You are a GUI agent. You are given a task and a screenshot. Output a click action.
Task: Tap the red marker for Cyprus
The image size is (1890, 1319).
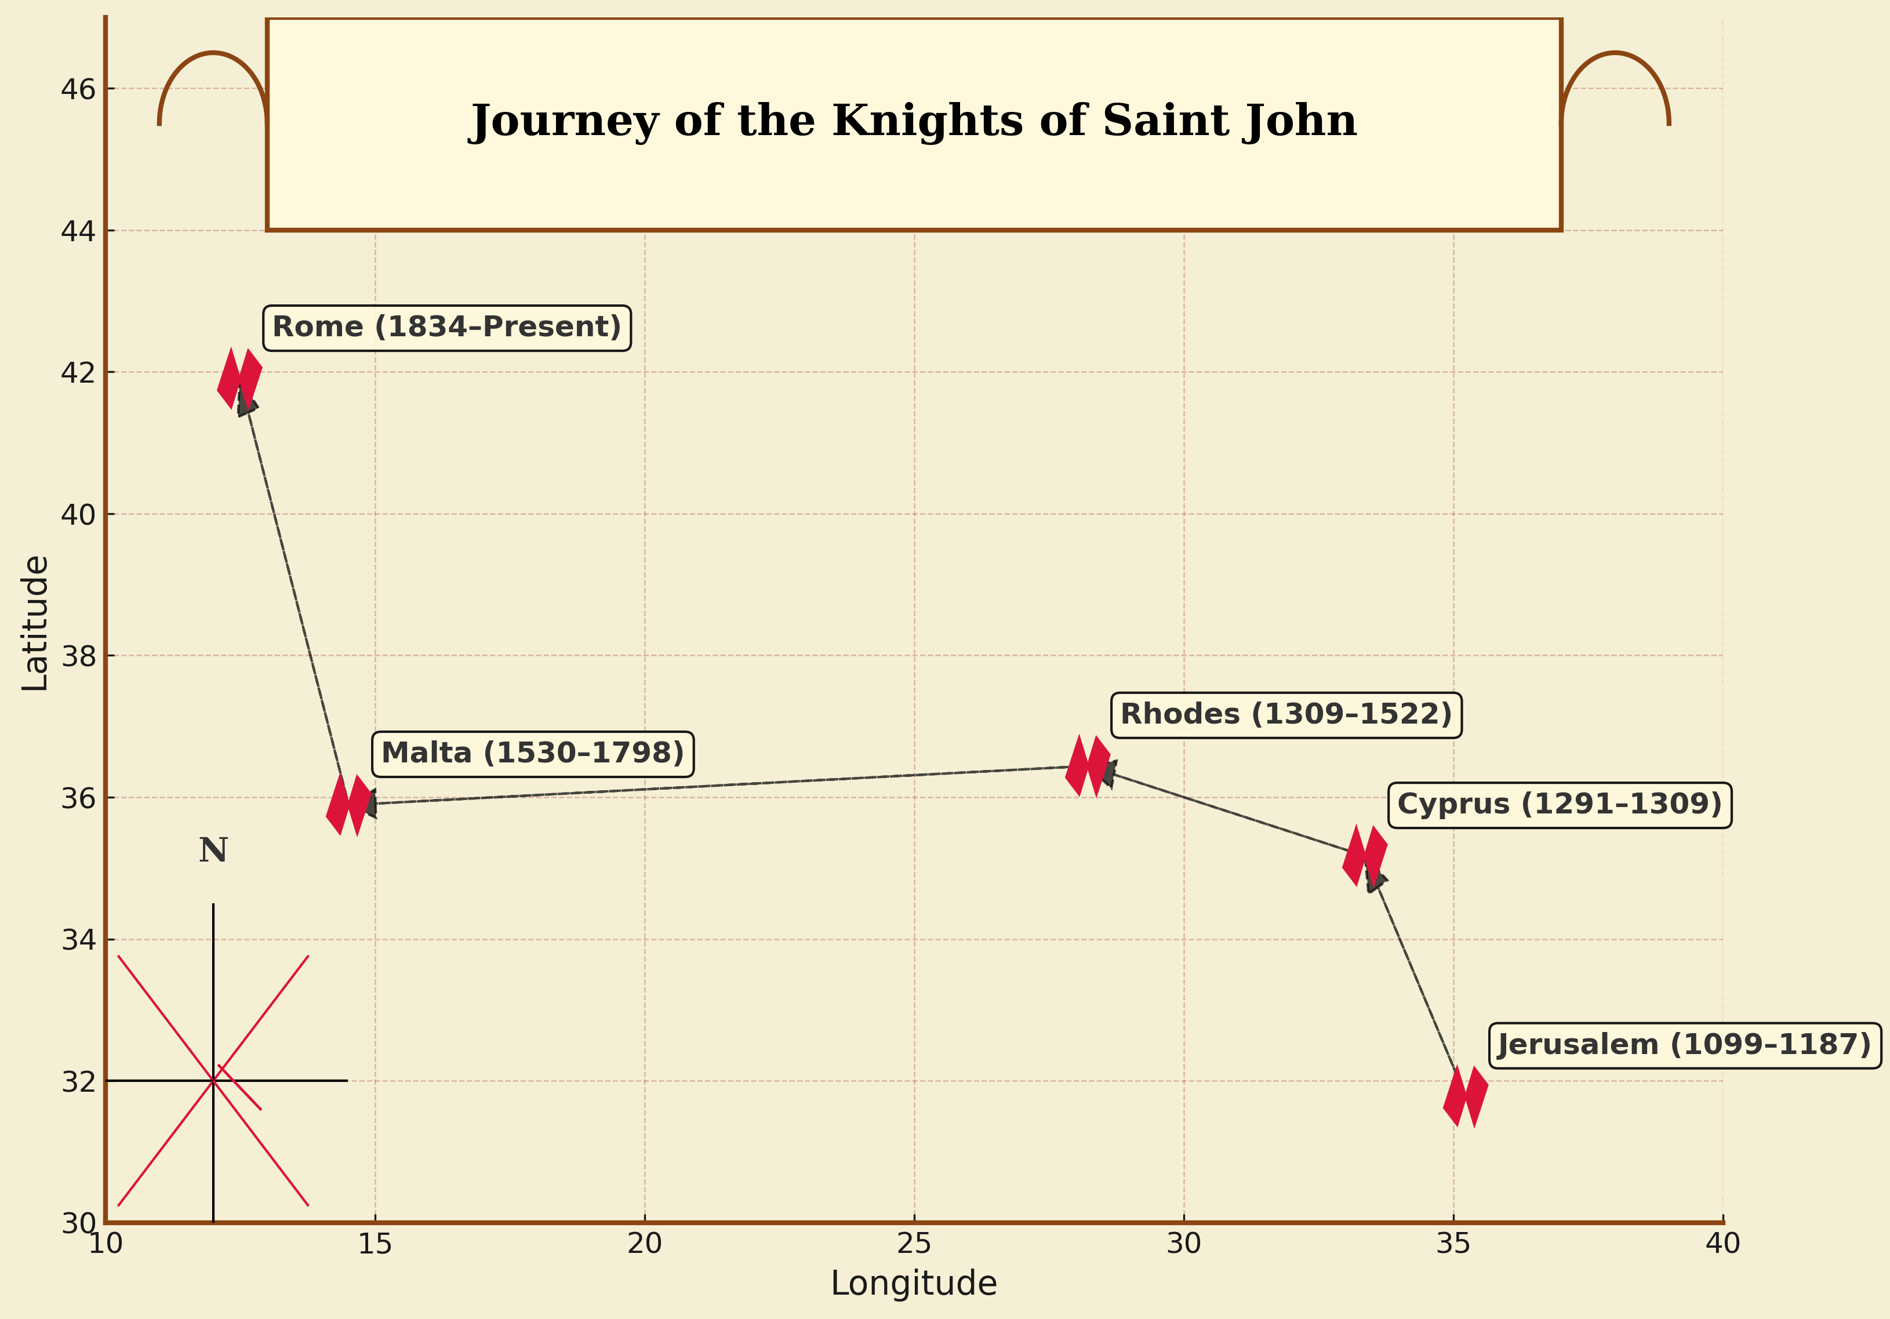pyautogui.click(x=1365, y=856)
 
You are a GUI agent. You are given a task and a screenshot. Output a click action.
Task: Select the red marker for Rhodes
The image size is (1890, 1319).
pyautogui.click(x=1088, y=766)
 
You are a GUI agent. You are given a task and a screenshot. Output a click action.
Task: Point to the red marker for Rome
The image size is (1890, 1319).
pyautogui.click(x=239, y=379)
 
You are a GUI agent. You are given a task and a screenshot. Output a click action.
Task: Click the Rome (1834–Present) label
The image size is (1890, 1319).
pyautogui.click(x=446, y=328)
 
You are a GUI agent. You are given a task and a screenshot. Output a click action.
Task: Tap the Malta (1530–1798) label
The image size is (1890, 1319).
pyautogui.click(x=533, y=753)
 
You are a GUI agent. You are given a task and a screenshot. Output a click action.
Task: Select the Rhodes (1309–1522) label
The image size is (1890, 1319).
pyautogui.click(x=1286, y=715)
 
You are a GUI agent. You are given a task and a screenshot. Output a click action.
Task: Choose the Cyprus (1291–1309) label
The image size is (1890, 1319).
pyautogui.click(x=1559, y=804)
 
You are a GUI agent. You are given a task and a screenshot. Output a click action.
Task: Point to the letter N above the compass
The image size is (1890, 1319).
pyautogui.click(x=213, y=851)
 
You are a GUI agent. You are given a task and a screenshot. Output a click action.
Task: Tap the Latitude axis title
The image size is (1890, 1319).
pyautogui.click(x=35, y=623)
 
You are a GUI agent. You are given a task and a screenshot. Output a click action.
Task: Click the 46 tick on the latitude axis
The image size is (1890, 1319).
pyautogui.click(x=78, y=89)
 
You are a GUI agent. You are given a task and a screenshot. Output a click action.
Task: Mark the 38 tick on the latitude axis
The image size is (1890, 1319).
pyautogui.click(x=78, y=656)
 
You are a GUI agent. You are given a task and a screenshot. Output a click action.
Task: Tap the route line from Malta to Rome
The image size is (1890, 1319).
pyautogui.click(x=292, y=593)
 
